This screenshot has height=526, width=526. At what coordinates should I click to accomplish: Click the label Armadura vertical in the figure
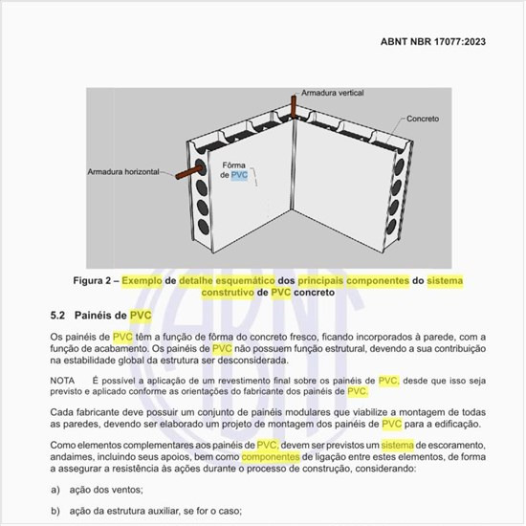[x=335, y=94]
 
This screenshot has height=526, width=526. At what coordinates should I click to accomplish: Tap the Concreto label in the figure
[x=422, y=120]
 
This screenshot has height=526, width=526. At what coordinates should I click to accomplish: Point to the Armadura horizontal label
[x=125, y=173]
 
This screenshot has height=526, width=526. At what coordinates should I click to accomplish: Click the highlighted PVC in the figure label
[x=239, y=176]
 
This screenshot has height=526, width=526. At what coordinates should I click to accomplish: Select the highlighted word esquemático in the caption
[x=266, y=281]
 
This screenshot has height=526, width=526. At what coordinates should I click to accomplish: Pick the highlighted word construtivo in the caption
[x=224, y=294]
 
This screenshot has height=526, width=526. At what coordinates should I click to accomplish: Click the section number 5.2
[x=58, y=315]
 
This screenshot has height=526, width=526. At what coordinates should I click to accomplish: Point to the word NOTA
[x=63, y=380]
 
